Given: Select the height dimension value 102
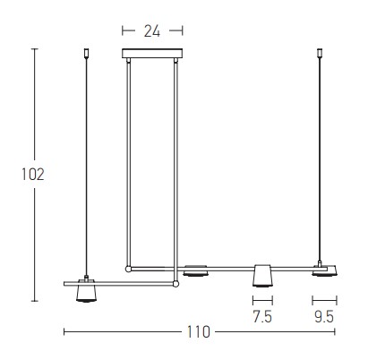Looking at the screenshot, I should (x=33, y=173).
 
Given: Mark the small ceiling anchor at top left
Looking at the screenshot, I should (x=86, y=53).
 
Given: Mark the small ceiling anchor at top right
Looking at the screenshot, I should (x=320, y=53).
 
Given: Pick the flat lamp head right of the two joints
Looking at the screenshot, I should (x=195, y=270).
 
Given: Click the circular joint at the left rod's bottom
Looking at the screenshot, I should (x=128, y=267).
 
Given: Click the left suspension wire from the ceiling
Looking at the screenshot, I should (x=86, y=161).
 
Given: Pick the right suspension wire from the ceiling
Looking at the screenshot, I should (x=320, y=161).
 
